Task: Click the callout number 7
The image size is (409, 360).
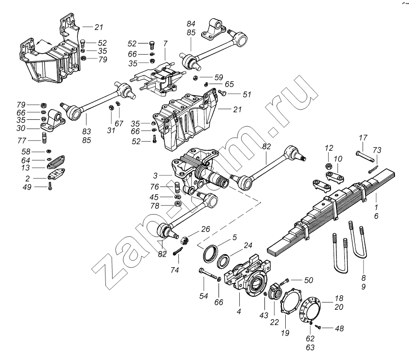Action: [x=165, y=44]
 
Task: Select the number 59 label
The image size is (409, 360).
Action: [x=219, y=76]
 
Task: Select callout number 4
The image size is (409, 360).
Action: [x=239, y=312]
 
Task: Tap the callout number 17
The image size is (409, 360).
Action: [x=364, y=137]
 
